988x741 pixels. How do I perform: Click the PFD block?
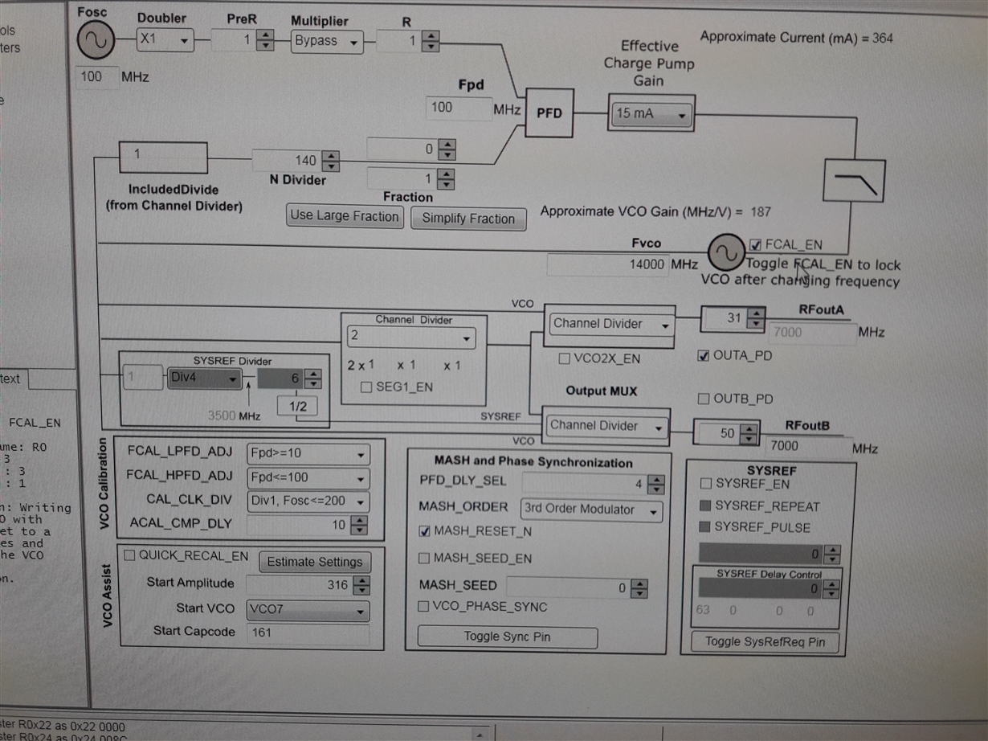point(549,113)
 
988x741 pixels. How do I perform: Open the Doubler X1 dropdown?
point(165,39)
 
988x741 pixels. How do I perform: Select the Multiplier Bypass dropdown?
point(327,41)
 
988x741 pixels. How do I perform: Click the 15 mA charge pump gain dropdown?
point(651,114)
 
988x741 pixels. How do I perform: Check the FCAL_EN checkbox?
point(755,245)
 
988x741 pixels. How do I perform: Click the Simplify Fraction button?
point(468,219)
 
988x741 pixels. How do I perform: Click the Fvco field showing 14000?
point(608,264)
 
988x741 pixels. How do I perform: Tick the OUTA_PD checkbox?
point(704,355)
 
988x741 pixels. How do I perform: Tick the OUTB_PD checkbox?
point(704,399)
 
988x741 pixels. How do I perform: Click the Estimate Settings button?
point(314,562)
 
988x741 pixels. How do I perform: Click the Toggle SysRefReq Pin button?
point(765,641)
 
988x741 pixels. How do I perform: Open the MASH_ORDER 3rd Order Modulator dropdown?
point(591,510)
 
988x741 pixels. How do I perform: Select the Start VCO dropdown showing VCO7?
point(308,610)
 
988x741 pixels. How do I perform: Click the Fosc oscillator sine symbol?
point(96,40)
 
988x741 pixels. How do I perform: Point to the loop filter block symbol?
point(854,181)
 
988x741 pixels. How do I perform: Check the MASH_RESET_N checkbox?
point(424,531)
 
